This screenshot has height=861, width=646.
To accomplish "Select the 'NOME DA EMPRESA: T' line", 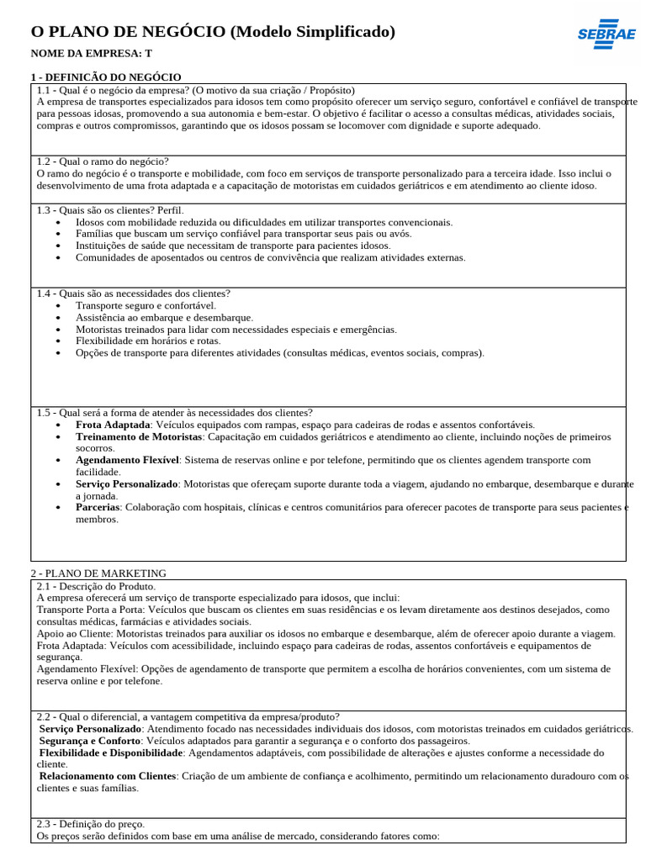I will [x=92, y=54].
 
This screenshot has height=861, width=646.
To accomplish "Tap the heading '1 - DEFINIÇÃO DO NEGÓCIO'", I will [x=105, y=77].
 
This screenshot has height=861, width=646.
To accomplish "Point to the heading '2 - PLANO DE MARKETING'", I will [x=98, y=573].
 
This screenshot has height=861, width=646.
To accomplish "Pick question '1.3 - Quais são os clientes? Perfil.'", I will [x=110, y=209].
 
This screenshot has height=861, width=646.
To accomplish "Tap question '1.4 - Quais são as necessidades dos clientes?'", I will [x=134, y=293].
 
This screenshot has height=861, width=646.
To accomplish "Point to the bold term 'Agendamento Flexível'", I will [x=127, y=460].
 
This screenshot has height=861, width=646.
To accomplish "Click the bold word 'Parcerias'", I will [x=98, y=507].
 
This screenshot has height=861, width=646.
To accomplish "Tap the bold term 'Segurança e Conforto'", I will [x=90, y=741].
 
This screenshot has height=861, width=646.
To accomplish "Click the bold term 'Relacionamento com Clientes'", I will [x=108, y=776].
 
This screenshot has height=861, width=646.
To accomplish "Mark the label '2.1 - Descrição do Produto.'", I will [x=96, y=586].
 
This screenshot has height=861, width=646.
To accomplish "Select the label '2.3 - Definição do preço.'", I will [x=91, y=824].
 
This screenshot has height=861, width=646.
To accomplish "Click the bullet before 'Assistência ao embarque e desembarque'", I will [x=57, y=318].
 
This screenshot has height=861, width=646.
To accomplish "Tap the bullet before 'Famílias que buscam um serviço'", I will [x=57, y=234].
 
